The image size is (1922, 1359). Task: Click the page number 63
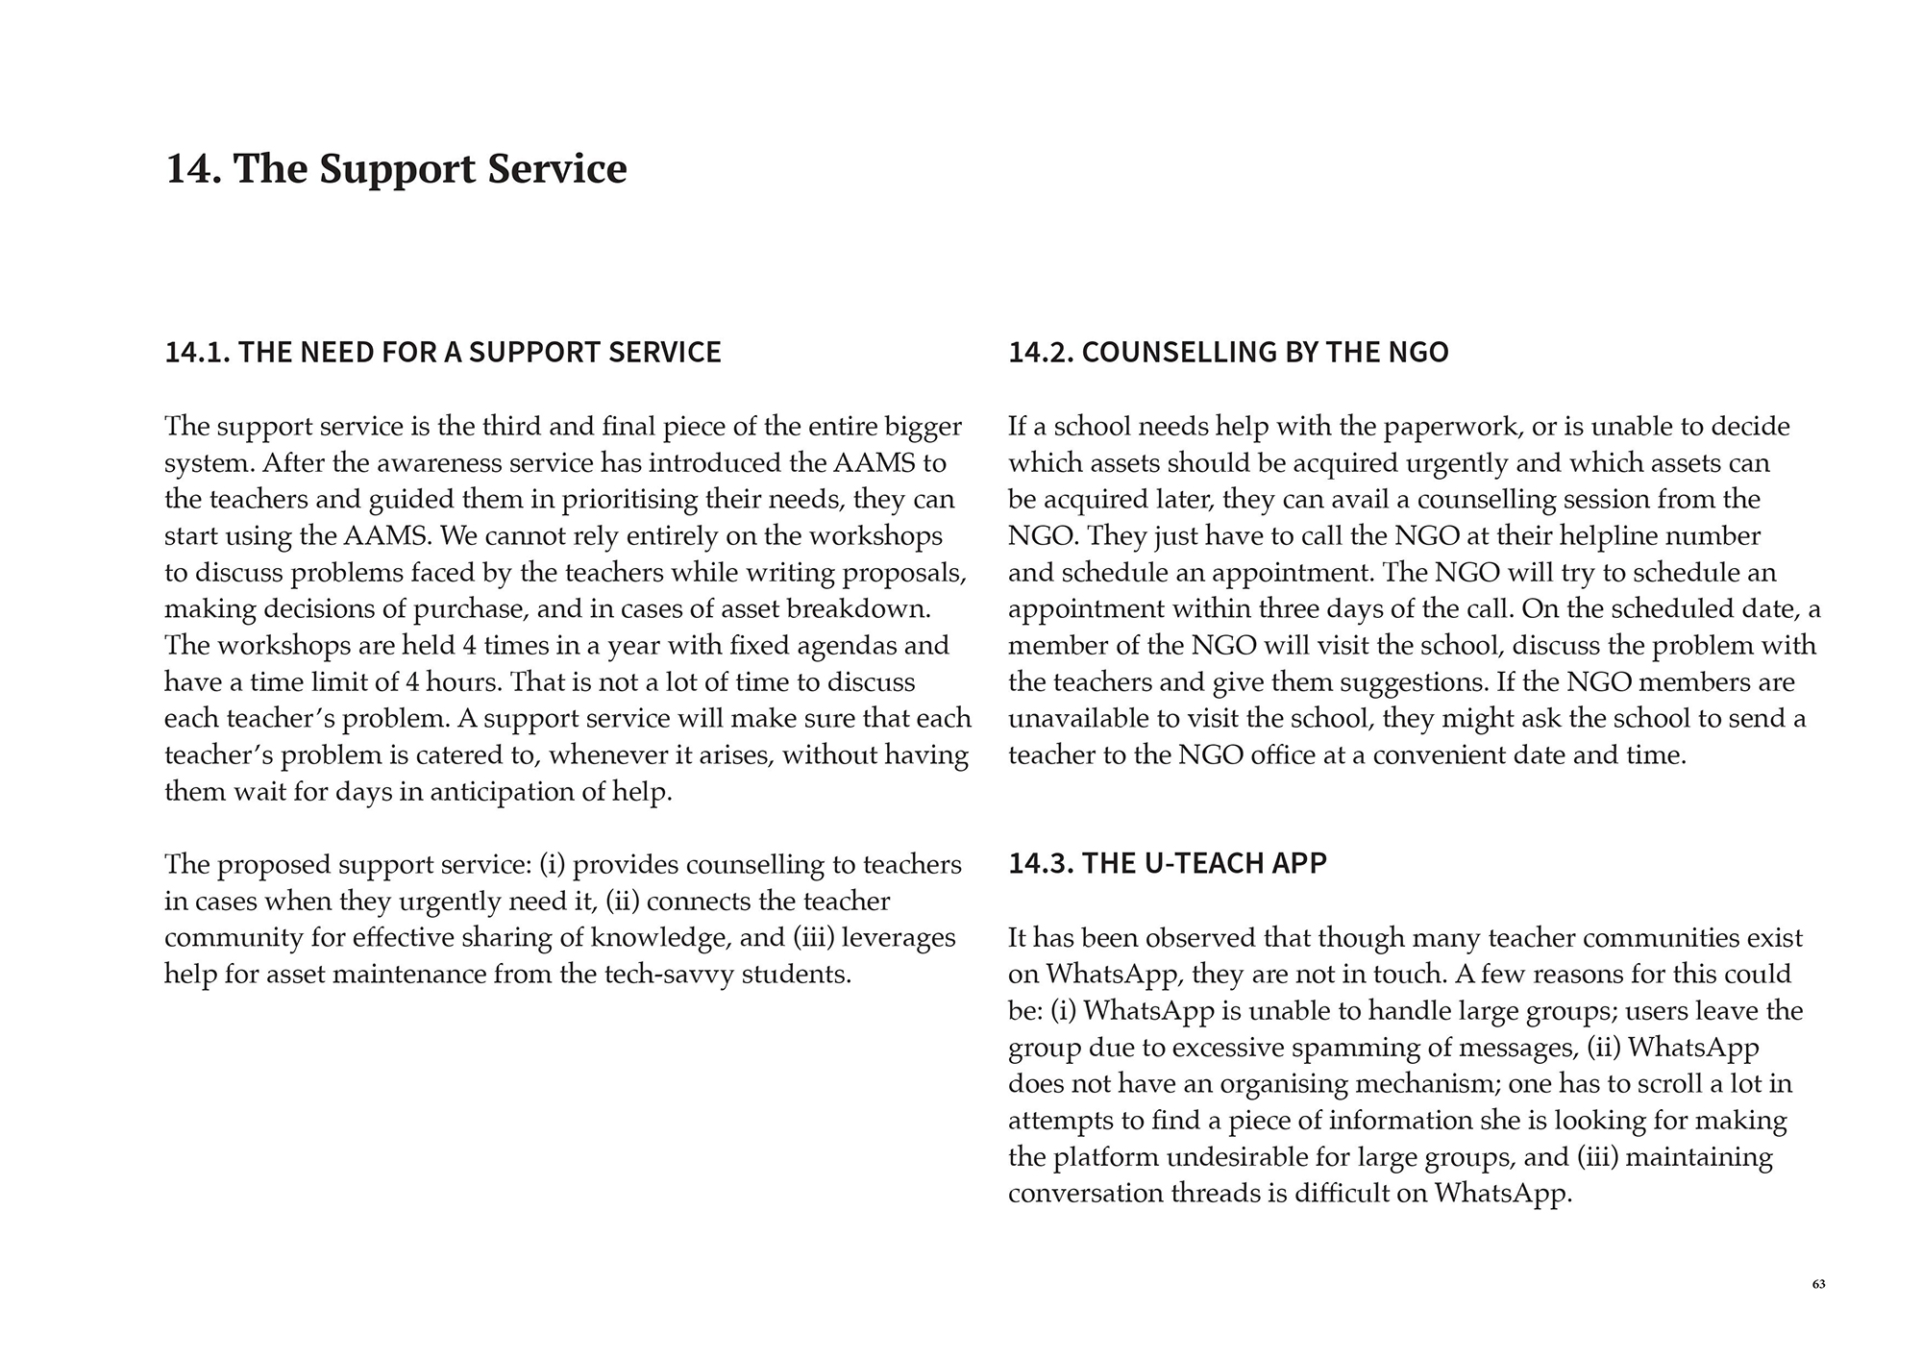click(x=1818, y=1285)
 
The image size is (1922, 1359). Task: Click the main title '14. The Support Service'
click(x=396, y=168)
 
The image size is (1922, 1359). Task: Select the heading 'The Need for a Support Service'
click(x=443, y=352)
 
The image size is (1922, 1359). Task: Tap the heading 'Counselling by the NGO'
click(x=1228, y=352)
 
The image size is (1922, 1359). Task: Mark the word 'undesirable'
click(x=1243, y=1156)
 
